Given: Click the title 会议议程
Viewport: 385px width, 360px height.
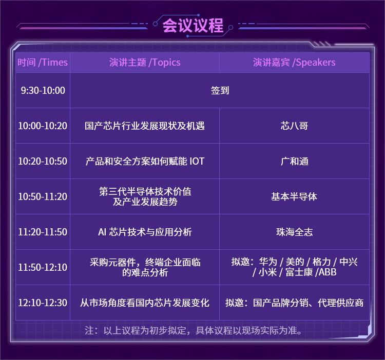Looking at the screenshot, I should (x=192, y=26).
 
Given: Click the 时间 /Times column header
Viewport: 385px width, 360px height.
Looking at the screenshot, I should (x=43, y=63).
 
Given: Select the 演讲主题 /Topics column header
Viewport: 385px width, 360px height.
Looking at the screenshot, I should (x=145, y=63).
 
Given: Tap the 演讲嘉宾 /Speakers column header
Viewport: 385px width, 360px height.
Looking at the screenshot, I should (x=294, y=63).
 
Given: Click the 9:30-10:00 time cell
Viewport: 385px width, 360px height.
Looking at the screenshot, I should (x=43, y=91).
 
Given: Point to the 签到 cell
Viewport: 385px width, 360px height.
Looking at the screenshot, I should (x=220, y=91).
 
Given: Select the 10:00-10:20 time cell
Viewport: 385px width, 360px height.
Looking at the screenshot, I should (x=43, y=126).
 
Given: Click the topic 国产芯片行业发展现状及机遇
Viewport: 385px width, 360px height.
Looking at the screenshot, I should (x=145, y=126).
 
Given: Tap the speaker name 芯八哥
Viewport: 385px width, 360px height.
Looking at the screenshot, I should (x=294, y=126).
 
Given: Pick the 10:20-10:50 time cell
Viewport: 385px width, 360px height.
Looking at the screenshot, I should (x=43, y=161).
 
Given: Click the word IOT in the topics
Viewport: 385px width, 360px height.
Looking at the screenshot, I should (x=197, y=161).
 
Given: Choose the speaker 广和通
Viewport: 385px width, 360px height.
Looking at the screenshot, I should (x=294, y=161).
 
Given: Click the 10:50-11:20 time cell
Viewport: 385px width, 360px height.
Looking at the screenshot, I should (x=43, y=196).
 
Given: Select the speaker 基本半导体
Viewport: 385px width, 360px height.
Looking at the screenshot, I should (x=294, y=196).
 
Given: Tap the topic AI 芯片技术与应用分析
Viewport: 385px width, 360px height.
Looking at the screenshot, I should (x=145, y=232).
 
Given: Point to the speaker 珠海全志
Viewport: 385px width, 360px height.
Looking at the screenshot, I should (x=294, y=232).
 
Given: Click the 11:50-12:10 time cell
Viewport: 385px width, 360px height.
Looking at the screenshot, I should (x=43, y=267).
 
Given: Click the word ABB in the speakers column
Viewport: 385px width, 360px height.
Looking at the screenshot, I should (x=328, y=272).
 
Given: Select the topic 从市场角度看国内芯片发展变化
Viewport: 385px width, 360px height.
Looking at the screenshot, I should (x=145, y=303).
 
